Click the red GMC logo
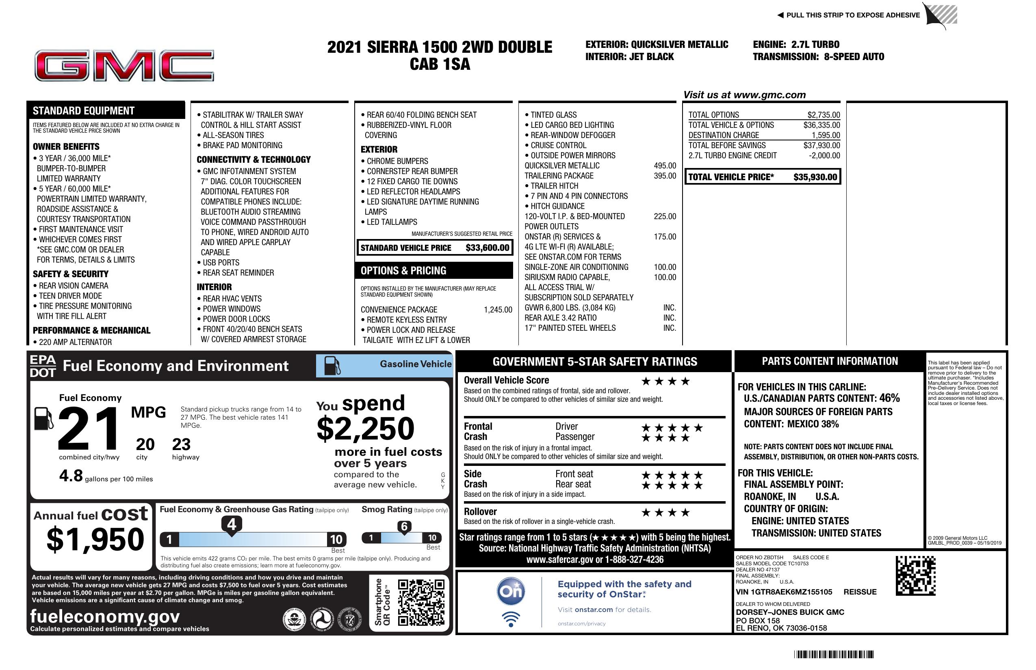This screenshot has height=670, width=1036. tap(124, 66)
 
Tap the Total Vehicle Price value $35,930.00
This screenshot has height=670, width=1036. tap(815, 177)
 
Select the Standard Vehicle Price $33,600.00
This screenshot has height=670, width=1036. tap(487, 248)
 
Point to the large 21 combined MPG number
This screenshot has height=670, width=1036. tap(89, 428)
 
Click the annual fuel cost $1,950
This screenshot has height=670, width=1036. tap(95, 539)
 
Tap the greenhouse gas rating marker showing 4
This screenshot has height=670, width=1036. tap(232, 524)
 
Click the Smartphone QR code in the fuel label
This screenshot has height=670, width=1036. tap(421, 602)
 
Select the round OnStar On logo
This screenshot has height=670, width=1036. tap(511, 591)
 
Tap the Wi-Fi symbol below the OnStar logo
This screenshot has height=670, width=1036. tap(511, 619)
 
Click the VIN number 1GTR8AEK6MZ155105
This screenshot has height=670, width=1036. tap(784, 592)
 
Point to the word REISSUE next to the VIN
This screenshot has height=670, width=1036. tap(860, 592)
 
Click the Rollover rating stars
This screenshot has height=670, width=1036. tap(665, 513)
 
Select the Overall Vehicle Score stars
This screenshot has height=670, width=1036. tap(665, 382)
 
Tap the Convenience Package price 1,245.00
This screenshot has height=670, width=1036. tap(498, 310)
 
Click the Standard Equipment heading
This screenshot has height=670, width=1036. tap(84, 111)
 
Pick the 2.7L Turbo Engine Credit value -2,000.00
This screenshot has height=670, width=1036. tap(824, 156)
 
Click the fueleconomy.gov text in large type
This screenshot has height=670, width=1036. tap(105, 616)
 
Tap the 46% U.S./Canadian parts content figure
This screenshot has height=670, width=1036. tap(889, 398)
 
